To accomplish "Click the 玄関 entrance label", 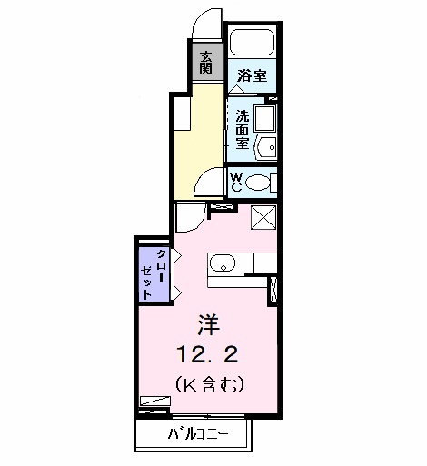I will coord(207,62).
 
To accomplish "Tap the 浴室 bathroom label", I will coord(253,75).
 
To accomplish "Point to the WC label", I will coord(235,182).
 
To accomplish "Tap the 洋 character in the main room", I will coord(211,323).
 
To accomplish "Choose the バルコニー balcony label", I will coord(196,434).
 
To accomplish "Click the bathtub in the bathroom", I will coord(252,44).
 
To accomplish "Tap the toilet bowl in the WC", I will coord(260,182).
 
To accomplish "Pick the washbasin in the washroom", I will coord(266,147).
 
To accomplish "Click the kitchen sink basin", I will coord(222,264).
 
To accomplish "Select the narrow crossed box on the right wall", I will coord(273,290).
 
